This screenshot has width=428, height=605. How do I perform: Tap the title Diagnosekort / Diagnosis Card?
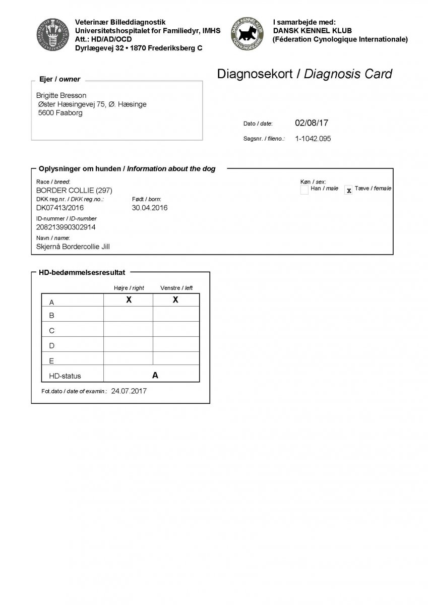tap(304, 74)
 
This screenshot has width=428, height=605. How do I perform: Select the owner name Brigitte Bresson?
tap(62, 95)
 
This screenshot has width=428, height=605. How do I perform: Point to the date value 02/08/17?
tap(312, 123)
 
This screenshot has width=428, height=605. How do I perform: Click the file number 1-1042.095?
tap(313, 139)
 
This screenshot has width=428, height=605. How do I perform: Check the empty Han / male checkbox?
tap(304, 190)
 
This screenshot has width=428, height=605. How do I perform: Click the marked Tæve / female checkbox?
tap(348, 191)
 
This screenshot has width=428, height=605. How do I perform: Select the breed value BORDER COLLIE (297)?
tap(74, 190)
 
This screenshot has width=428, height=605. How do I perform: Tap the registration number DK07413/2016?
tap(60, 208)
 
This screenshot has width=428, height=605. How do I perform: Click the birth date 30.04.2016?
tap(150, 208)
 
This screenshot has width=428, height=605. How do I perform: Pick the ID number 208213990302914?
tap(66, 227)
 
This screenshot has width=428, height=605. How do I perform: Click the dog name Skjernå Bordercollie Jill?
tap(73, 247)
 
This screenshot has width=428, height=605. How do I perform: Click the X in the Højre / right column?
tap(129, 300)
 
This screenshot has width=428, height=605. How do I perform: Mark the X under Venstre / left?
tap(175, 300)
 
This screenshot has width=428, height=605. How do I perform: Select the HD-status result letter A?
tap(155, 375)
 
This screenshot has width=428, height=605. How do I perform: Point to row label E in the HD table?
tap(51, 361)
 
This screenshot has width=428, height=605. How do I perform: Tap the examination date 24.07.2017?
tap(129, 391)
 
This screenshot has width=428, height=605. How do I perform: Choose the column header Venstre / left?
tap(176, 288)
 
